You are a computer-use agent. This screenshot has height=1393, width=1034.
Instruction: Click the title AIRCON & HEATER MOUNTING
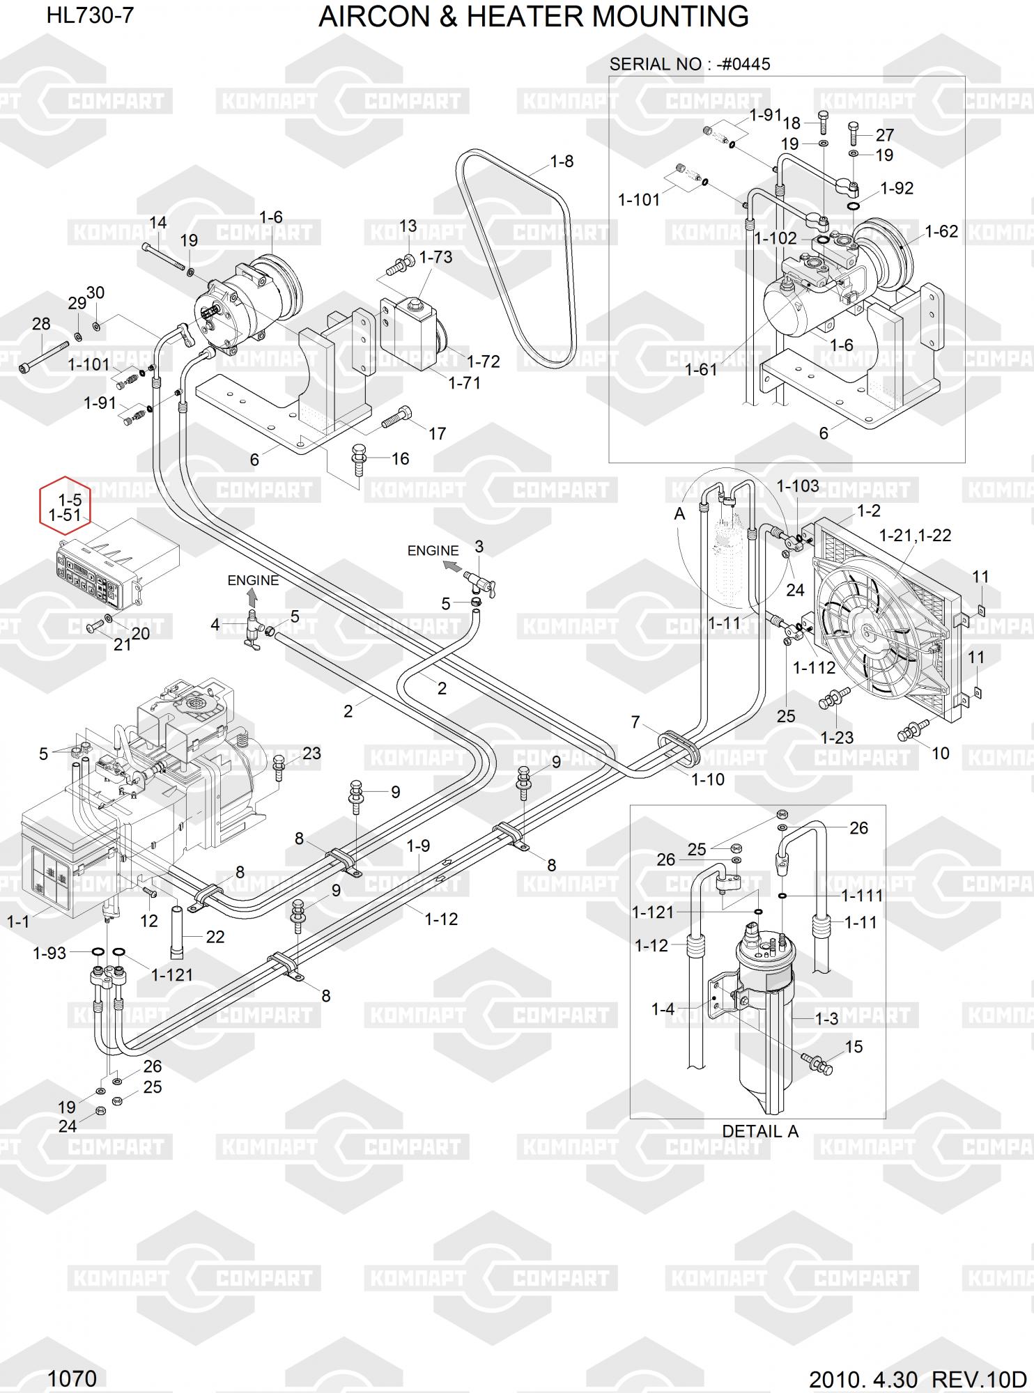[533, 17]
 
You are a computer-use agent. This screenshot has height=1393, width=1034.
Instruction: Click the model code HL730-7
[90, 15]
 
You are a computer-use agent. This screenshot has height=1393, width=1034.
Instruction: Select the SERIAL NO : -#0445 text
[689, 65]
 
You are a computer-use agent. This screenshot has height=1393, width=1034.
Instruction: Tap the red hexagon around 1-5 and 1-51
[65, 506]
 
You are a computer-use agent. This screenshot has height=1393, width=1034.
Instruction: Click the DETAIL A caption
[759, 1131]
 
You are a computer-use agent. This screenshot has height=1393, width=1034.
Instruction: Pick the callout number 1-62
[941, 231]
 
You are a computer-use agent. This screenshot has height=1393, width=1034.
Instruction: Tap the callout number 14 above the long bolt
[158, 223]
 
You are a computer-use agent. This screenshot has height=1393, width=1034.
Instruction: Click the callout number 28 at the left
[41, 324]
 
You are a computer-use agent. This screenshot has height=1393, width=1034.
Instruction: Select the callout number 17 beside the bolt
[437, 434]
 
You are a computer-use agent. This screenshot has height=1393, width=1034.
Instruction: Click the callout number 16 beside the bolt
[400, 459]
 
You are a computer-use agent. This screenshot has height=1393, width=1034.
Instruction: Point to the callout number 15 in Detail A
[854, 1047]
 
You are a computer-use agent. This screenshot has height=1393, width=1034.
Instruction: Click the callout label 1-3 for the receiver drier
[826, 1019]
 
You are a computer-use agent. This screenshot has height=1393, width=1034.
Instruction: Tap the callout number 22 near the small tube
[215, 937]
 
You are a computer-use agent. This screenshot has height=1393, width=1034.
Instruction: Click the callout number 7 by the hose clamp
[635, 722]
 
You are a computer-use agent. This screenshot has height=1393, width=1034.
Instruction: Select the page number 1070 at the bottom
[72, 1378]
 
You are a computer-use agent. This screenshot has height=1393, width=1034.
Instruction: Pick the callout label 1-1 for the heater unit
[18, 922]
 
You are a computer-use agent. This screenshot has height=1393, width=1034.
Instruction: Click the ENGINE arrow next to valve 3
[452, 566]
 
